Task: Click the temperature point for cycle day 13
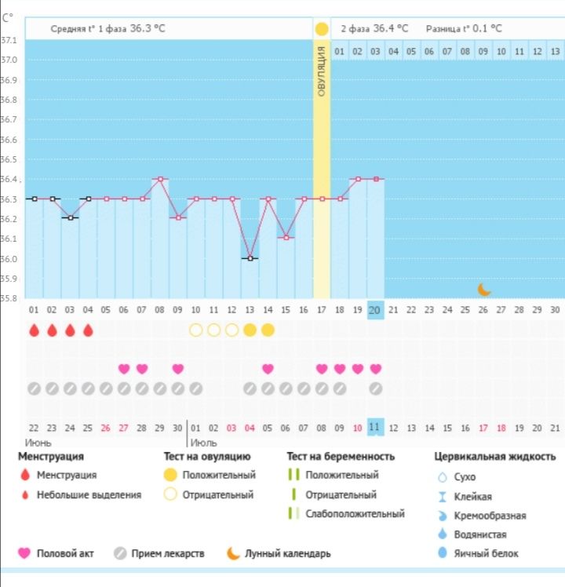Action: (x=250, y=258)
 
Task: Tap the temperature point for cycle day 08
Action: (x=160, y=179)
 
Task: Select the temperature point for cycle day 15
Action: (x=286, y=238)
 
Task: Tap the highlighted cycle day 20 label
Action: (x=375, y=310)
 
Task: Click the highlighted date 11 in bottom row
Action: (x=375, y=427)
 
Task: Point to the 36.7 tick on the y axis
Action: (x=9, y=119)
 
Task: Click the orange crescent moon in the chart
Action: (x=484, y=289)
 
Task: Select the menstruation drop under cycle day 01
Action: (x=34, y=330)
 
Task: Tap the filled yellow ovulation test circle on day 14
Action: (x=268, y=330)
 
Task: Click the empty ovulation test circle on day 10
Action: (x=196, y=330)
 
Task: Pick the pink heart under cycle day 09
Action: (x=178, y=369)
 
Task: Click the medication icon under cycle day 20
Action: (x=375, y=388)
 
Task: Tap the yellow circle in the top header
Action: (x=321, y=29)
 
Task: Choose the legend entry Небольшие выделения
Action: (x=89, y=494)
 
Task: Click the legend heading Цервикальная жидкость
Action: (x=494, y=456)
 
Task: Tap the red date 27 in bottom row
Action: (x=123, y=427)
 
